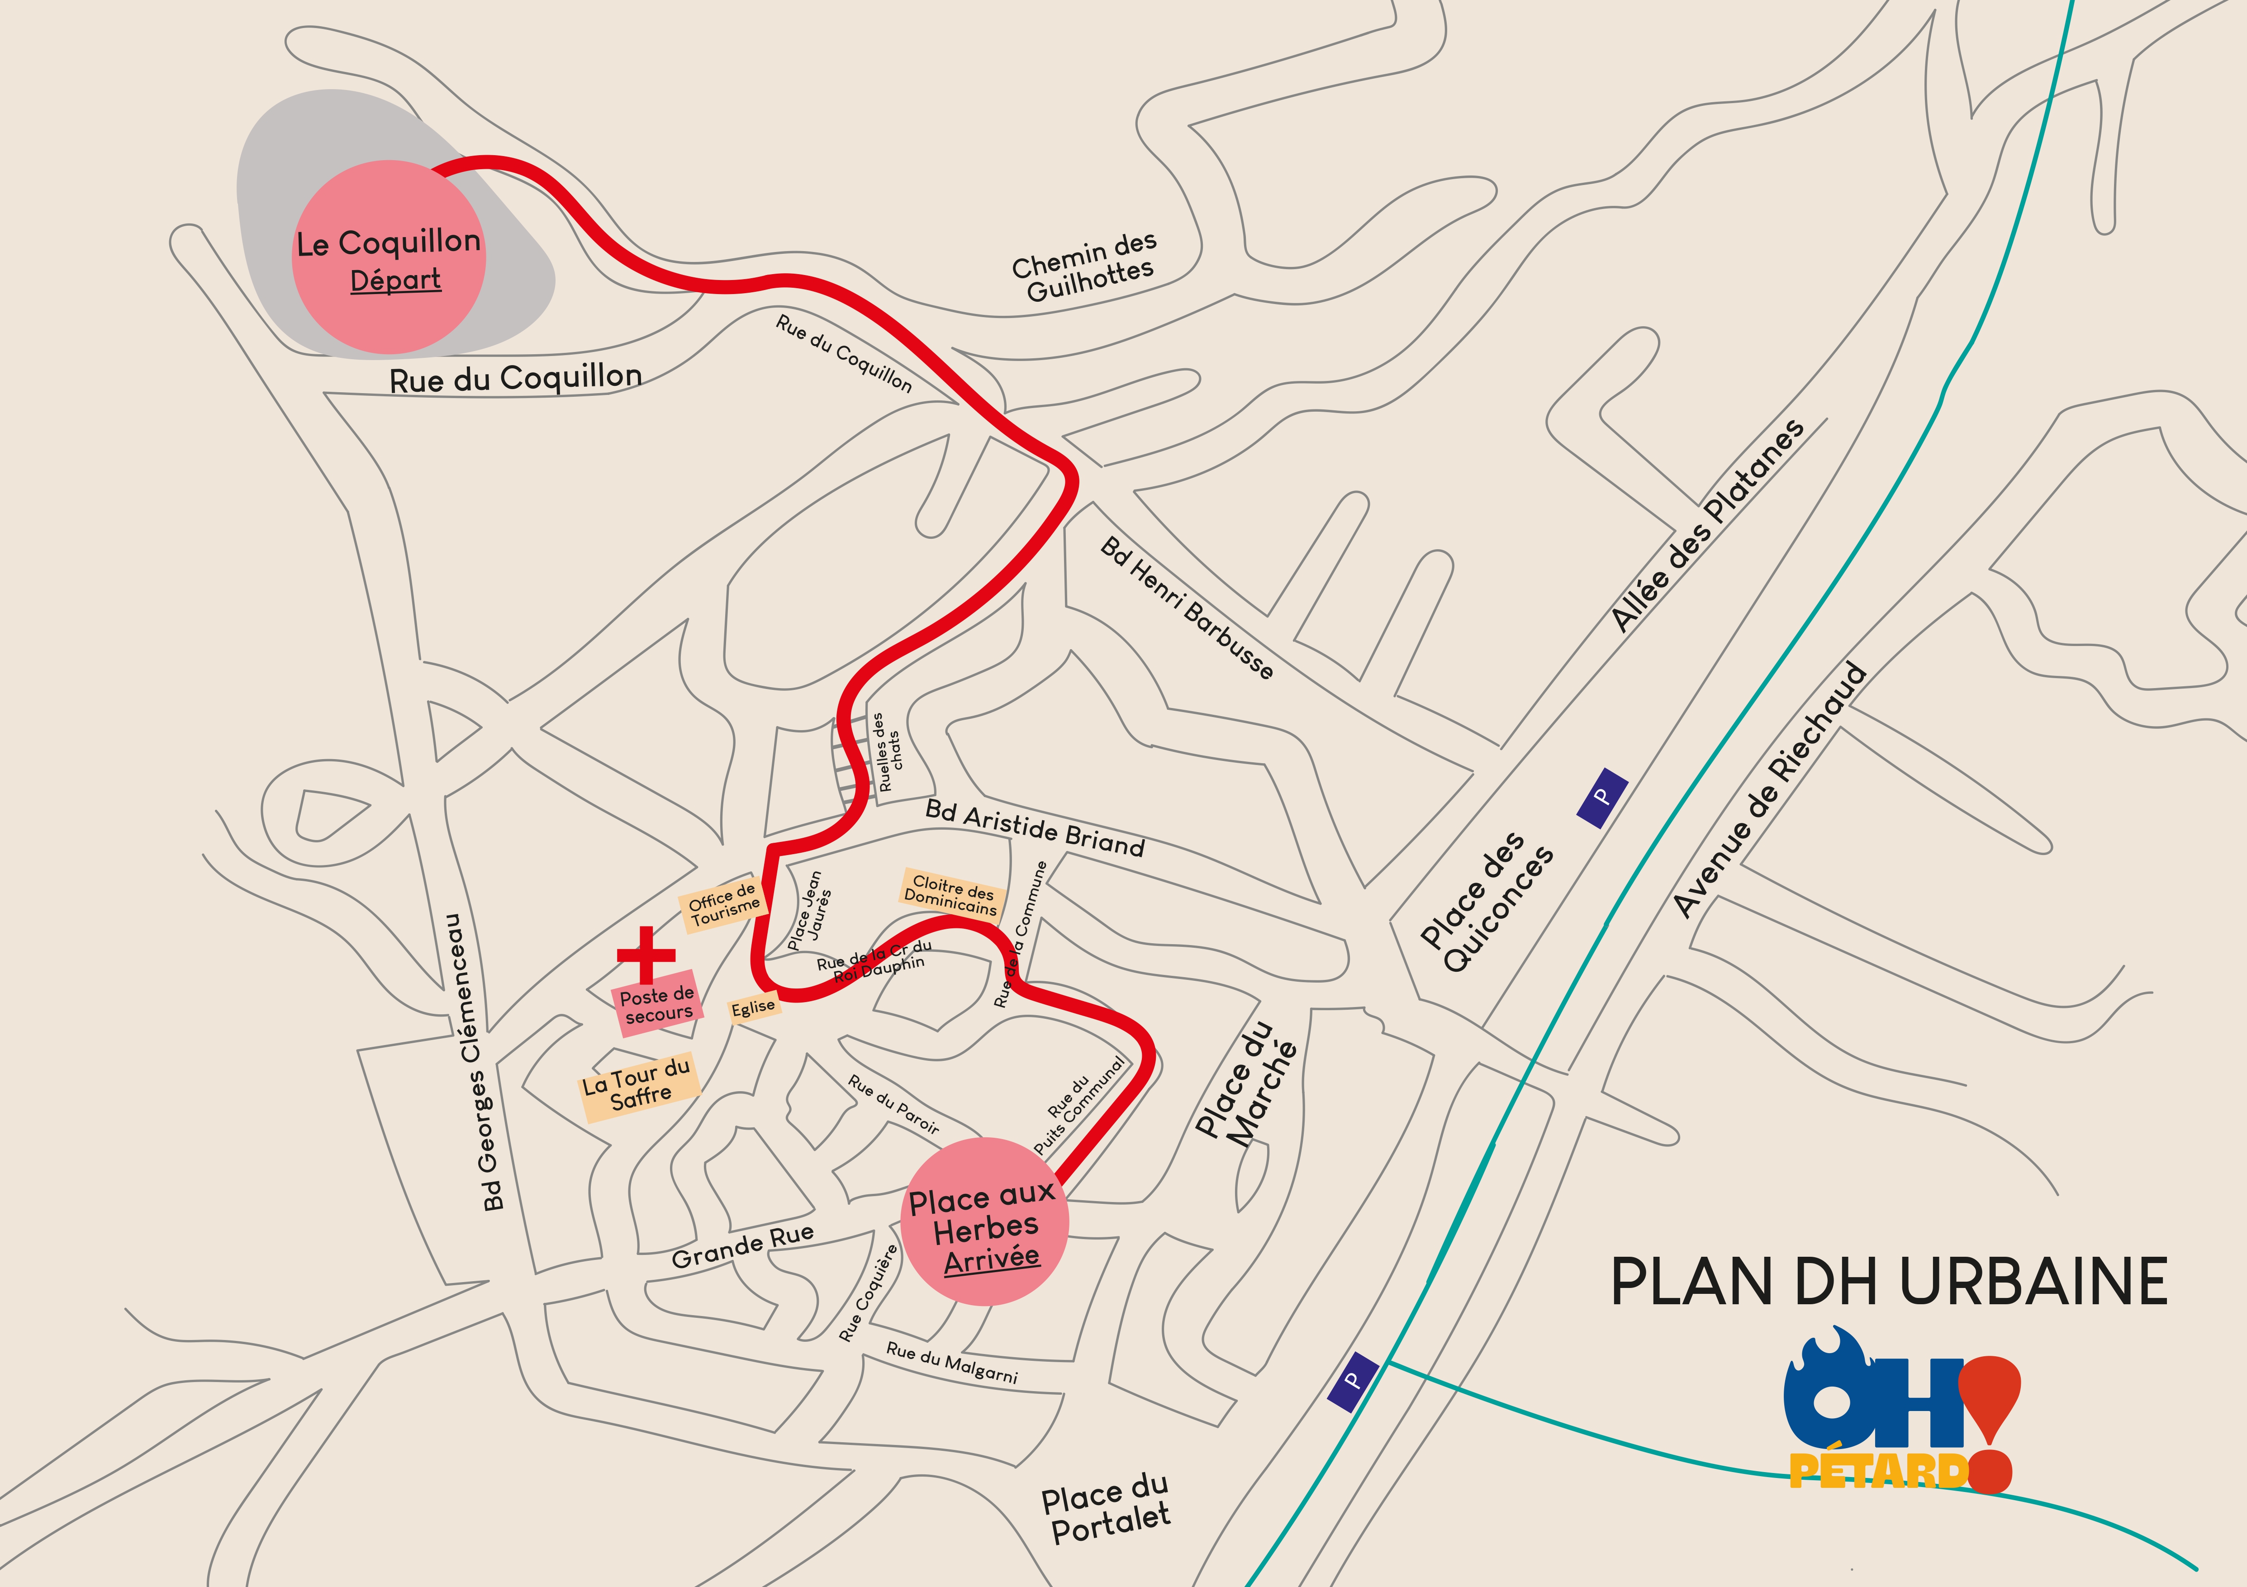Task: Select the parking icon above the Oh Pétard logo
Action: coord(1354,1381)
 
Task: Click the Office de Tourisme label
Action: coord(722,904)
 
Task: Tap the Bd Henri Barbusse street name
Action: coord(1187,608)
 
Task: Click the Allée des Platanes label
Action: coord(1708,525)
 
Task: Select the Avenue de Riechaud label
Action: coord(1770,791)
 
